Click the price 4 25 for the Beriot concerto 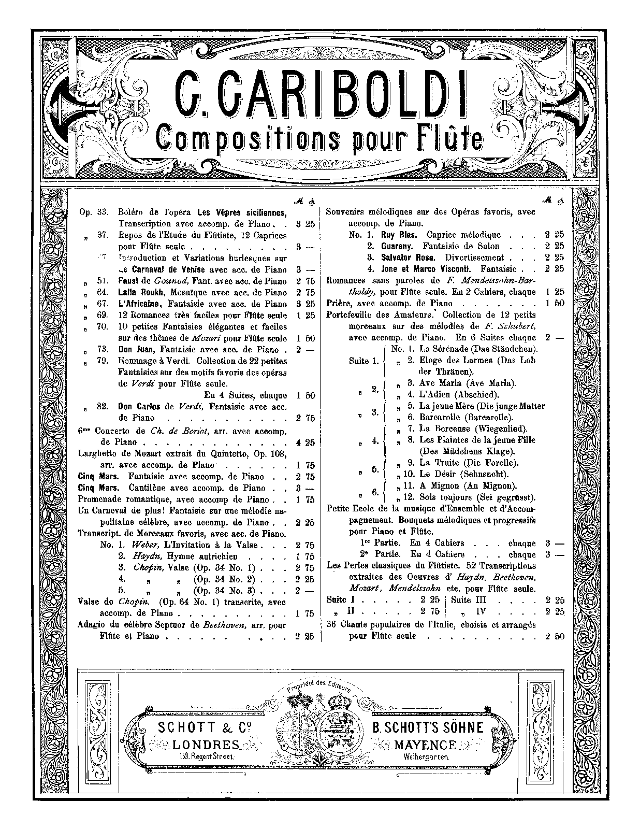[305, 442]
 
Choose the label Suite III [469, 600]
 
